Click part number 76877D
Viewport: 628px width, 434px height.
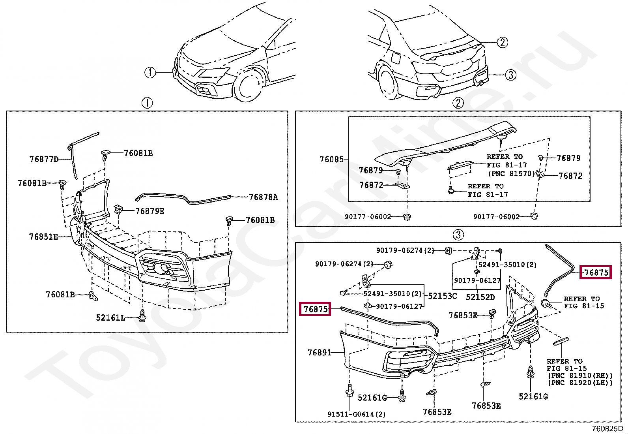(44, 159)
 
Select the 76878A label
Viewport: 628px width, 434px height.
(263, 197)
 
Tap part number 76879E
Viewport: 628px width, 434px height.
(150, 211)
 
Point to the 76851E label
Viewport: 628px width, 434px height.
(43, 237)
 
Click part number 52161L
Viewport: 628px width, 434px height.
(110, 318)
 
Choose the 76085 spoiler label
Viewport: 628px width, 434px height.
(331, 159)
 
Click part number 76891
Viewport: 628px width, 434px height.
(320, 352)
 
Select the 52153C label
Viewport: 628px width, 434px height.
(442, 296)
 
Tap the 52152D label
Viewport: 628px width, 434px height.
(480, 297)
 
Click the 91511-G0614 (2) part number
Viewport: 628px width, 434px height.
(356, 414)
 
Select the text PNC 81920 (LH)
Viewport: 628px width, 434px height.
(580, 383)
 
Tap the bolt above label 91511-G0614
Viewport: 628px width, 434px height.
(350, 391)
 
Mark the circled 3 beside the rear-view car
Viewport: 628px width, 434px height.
(510, 75)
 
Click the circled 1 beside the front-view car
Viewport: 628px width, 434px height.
(150, 73)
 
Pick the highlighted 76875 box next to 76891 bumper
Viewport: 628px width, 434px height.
(316, 309)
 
